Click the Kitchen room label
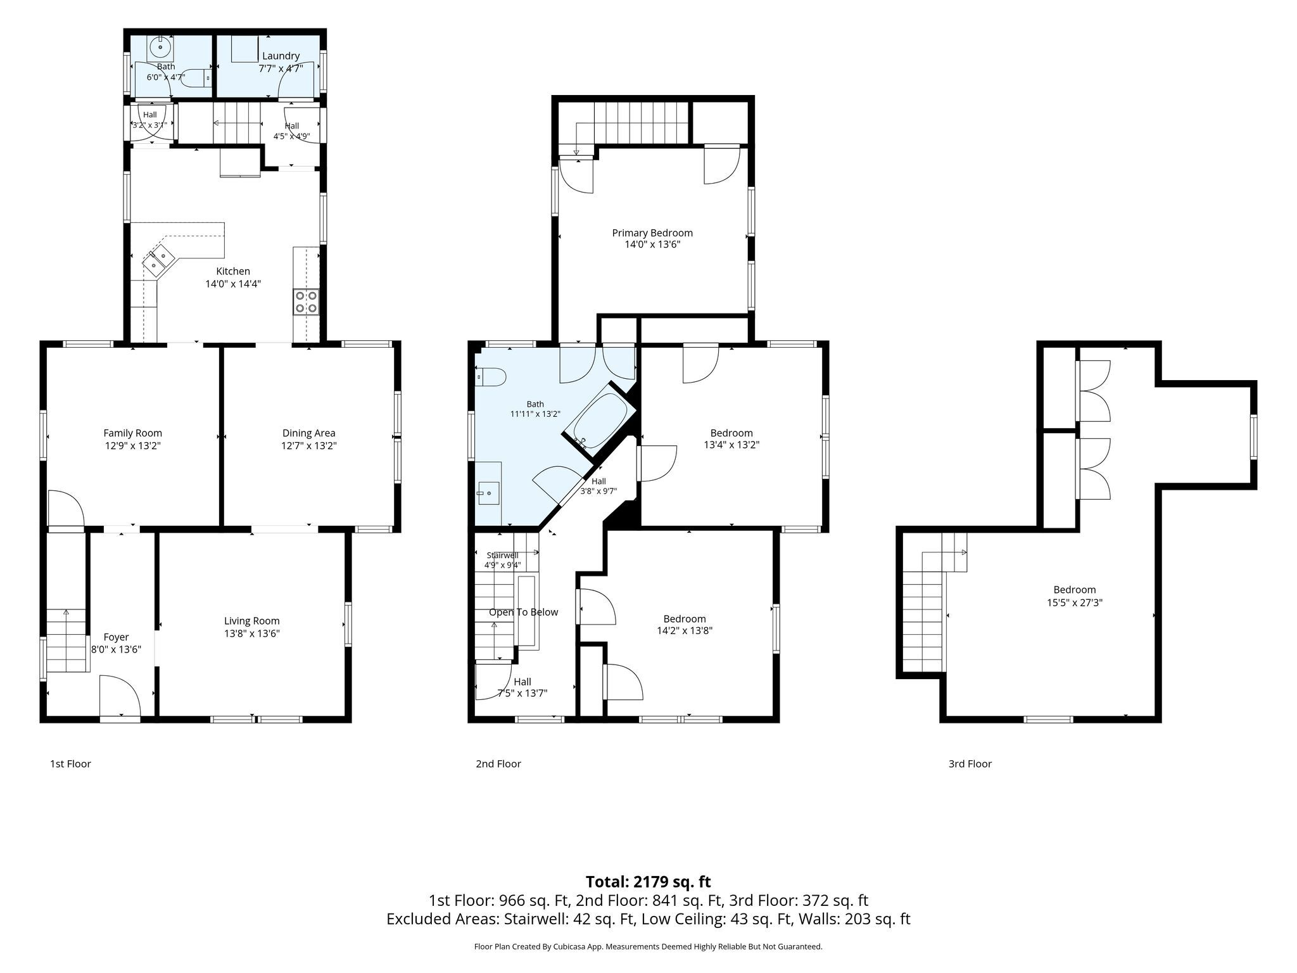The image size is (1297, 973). coord(233,271)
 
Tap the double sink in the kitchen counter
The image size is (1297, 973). coord(159,260)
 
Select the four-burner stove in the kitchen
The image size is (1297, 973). coord(307,302)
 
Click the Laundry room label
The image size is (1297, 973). coord(281,56)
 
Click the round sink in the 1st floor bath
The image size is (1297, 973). coord(161,47)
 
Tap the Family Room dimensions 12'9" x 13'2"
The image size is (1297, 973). coord(133,445)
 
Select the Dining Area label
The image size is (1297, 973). coord(309,433)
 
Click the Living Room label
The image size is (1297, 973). coord(252,621)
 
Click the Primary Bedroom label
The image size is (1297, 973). coord(652,232)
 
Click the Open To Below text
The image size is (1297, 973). coord(523,612)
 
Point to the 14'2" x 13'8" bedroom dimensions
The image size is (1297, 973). coord(685,630)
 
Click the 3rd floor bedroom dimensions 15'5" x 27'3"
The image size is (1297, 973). coord(1075,602)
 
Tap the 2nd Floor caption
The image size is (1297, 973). coord(498,764)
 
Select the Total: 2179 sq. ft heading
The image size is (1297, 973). coord(648,882)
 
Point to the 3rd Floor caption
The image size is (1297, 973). coord(970,764)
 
